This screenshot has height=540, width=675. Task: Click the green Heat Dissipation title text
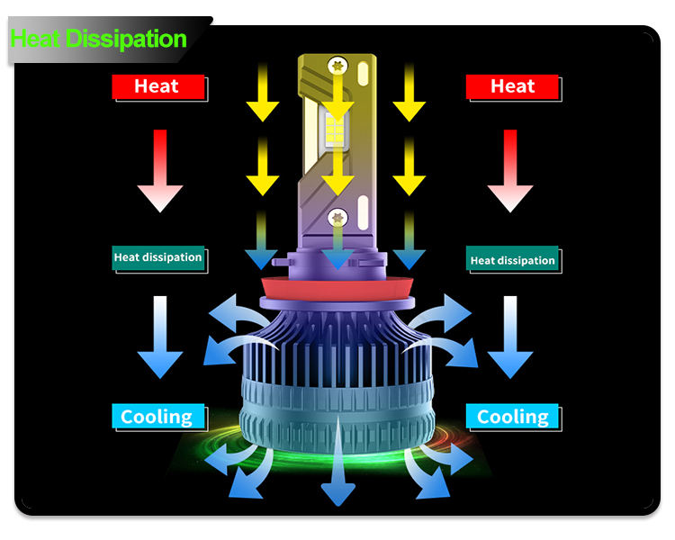coord(99,39)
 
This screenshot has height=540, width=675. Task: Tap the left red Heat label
coord(157,86)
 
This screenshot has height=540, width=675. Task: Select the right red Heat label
coord(512,86)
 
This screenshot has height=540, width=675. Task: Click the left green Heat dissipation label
coord(157,257)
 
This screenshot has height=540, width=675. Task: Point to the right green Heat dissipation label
coord(512,260)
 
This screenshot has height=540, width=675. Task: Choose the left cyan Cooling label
coord(157,417)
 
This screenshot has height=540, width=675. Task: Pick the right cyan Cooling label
coord(512,417)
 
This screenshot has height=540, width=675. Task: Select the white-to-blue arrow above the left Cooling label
coord(160,337)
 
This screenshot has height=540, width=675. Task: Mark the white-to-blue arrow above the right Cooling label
coord(510,337)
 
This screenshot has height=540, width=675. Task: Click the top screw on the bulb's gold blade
coord(338,64)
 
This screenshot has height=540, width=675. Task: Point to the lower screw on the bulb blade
coord(337,216)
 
